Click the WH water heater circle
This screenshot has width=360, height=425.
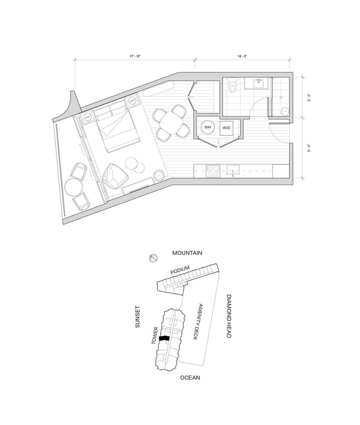(208, 128)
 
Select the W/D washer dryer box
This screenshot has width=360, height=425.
(226, 128)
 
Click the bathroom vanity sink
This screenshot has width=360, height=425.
(258, 84)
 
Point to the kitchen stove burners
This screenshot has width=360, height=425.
(213, 170)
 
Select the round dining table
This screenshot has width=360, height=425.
(171, 122)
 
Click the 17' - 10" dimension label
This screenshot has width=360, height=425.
(134, 55)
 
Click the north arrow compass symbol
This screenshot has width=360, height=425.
(153, 258)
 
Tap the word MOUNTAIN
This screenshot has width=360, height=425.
(187, 253)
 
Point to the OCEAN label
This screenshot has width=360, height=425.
(189, 378)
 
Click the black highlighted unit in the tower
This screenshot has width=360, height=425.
(164, 338)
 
